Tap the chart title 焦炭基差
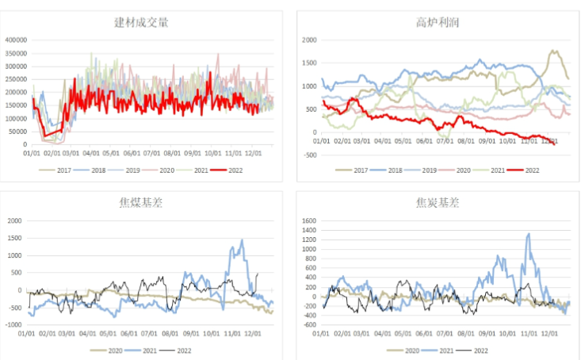click(x=437, y=203)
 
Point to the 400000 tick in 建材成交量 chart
click(x=15, y=40)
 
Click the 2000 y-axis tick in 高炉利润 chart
click(x=308, y=40)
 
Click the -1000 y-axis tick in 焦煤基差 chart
click(x=13, y=324)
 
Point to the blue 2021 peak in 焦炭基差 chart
click(x=528, y=234)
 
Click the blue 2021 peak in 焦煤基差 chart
click(x=242, y=239)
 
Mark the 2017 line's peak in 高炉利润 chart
click(x=552, y=51)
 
